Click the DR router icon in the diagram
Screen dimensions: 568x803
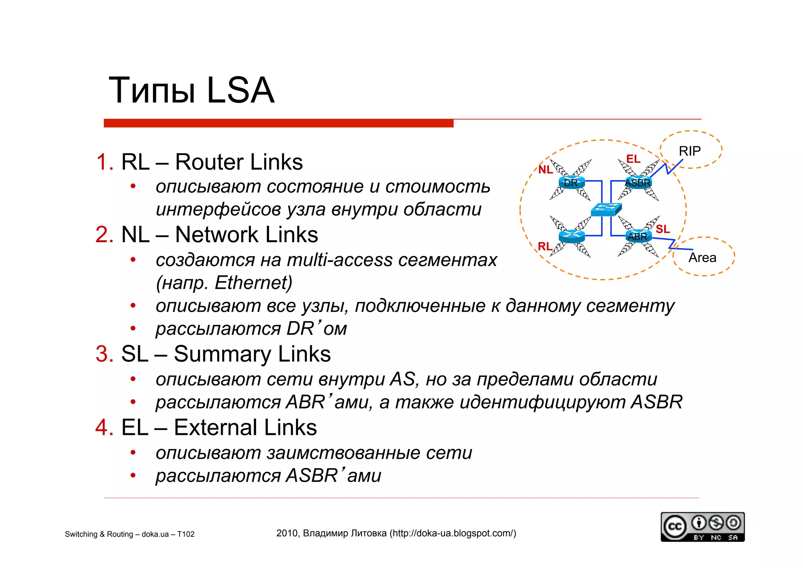point(571,183)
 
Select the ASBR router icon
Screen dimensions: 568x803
point(638,183)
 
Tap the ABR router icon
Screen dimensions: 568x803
point(638,236)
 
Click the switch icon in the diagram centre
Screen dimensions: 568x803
point(606,209)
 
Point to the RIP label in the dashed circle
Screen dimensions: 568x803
point(690,151)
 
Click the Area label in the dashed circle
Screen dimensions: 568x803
point(702,258)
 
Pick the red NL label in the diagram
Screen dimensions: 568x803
point(545,170)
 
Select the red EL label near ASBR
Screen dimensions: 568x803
point(633,159)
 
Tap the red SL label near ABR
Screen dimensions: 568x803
point(663,229)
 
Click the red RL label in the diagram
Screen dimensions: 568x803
point(545,246)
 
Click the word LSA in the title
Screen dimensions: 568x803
point(240,91)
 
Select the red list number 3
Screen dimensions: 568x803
point(104,354)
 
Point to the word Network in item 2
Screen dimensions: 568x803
point(217,235)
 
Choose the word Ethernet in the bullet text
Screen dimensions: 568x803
point(251,283)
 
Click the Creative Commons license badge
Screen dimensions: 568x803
point(702,527)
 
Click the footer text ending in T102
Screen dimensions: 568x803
point(130,534)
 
